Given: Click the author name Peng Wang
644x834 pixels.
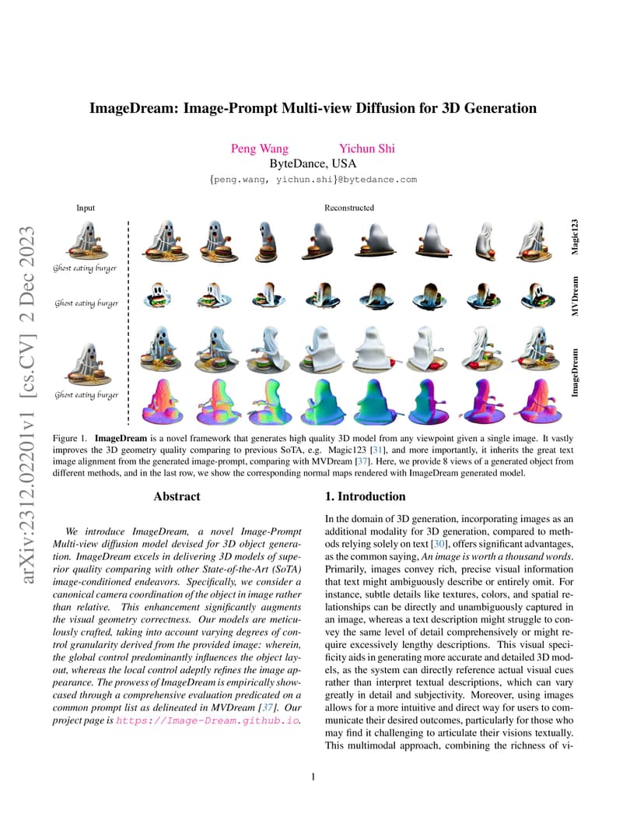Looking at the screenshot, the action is pos(260,149).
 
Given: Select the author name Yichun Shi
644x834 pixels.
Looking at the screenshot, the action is pos(367,149).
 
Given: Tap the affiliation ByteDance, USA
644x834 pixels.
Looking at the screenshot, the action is pos(313,163).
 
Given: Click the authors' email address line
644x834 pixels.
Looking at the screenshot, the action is pos(313,180).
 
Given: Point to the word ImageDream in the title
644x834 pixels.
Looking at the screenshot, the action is pos(132,108).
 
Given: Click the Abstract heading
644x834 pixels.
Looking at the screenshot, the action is pos(177,496).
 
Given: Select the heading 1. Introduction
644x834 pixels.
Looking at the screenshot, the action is pos(366,496).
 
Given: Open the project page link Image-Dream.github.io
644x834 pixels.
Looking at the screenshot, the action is pos(208,720).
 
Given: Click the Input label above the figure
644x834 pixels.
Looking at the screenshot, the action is pos(86,208).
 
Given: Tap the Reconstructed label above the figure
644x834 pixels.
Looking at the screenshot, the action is pos(349,208).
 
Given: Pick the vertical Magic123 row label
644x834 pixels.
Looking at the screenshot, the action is pos(575,237).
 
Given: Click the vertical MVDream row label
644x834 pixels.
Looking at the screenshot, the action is pos(575,296).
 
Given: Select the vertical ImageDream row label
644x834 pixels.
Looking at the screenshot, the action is pos(575,373).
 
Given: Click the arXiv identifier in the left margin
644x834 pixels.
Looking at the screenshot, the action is pos(28,405).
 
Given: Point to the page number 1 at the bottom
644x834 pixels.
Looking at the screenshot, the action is pos(313,777).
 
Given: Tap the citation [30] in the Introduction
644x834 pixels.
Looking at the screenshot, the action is pos(439,544).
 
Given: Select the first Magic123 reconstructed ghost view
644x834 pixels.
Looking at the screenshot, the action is pos(162,240).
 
